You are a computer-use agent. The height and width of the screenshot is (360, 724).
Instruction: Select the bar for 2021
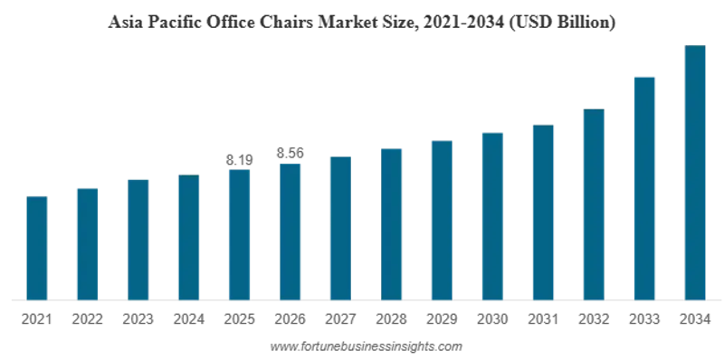click(37, 249)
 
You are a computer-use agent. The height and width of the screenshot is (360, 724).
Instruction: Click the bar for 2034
click(695, 173)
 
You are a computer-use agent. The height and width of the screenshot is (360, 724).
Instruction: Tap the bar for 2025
click(240, 235)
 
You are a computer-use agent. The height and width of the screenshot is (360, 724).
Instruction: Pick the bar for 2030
click(492, 216)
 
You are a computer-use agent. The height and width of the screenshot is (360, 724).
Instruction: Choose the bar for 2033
click(644, 189)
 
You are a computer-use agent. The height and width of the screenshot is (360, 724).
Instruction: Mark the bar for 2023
click(138, 240)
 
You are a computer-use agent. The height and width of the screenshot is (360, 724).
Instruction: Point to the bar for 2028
click(392, 224)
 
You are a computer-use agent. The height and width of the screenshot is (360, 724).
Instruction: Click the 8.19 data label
click(240, 160)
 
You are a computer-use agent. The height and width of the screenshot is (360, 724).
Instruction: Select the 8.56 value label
click(290, 153)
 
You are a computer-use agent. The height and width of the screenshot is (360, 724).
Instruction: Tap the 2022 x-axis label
click(87, 319)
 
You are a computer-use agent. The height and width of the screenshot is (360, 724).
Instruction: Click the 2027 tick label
click(341, 319)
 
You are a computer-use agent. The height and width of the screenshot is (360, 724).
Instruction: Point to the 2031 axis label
click(543, 319)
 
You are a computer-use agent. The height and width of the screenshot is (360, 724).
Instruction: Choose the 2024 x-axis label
click(189, 319)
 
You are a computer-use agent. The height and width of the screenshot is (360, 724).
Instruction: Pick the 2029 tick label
click(442, 319)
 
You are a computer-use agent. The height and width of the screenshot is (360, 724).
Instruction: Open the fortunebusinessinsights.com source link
click(366, 346)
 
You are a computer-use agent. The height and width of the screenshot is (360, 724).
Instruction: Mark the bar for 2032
click(594, 205)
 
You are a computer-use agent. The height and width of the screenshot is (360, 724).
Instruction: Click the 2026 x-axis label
click(290, 319)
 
